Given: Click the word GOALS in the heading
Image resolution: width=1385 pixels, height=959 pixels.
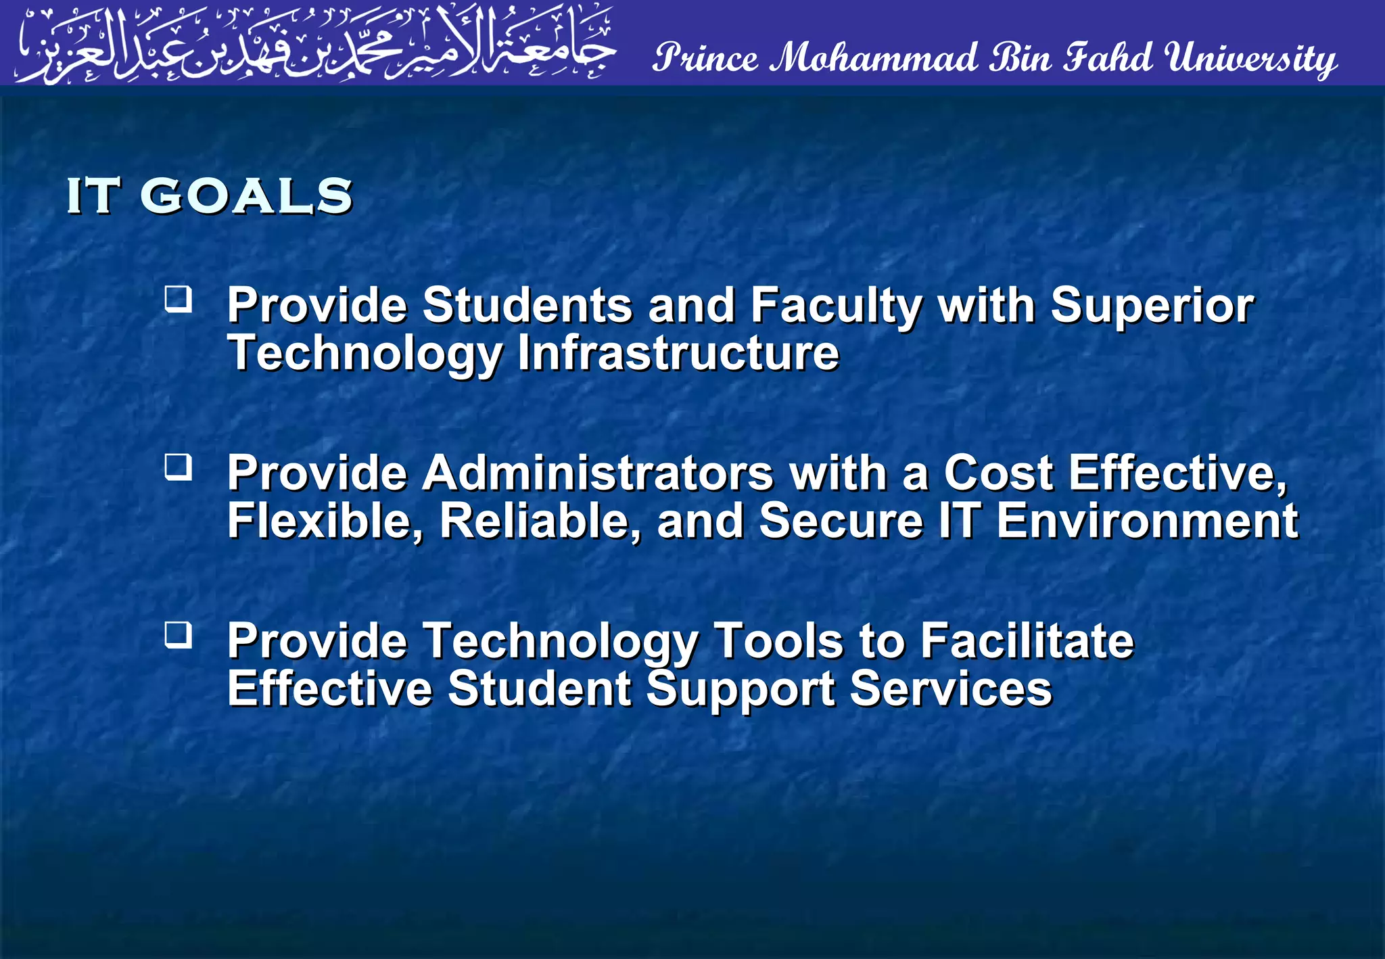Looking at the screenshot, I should [246, 197].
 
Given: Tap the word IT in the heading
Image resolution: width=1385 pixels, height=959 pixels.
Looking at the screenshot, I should [93, 197].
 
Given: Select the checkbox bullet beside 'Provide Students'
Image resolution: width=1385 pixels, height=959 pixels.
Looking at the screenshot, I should [179, 299].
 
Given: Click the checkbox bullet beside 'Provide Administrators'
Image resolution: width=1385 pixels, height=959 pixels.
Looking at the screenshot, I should [179, 467].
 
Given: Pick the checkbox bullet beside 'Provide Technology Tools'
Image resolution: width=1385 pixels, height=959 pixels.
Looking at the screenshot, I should [179, 635].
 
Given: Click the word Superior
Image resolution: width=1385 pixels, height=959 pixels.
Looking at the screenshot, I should [1152, 306].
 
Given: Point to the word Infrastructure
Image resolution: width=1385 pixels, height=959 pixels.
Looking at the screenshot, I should [678, 353].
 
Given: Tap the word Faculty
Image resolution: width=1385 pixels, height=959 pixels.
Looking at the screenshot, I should [836, 306].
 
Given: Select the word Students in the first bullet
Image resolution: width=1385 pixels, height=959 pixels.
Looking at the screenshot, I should [527, 306].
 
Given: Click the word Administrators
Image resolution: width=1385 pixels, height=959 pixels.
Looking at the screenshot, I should [598, 473].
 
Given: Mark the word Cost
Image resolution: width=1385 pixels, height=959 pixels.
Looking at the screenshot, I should [998, 473].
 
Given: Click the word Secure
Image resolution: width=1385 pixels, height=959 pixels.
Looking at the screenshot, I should [841, 521].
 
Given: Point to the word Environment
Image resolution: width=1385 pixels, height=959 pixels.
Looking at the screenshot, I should [1147, 521].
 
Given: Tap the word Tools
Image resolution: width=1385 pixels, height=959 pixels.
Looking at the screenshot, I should [778, 640].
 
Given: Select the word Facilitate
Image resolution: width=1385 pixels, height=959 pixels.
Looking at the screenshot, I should [1027, 640].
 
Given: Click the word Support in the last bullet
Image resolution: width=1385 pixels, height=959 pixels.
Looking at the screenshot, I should [741, 689].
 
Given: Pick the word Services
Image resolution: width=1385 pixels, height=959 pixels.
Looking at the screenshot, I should [951, 689].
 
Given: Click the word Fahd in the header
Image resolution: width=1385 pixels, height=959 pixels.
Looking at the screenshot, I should [1108, 58].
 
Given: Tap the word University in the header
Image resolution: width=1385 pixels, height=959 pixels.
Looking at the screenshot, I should [1250, 60].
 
